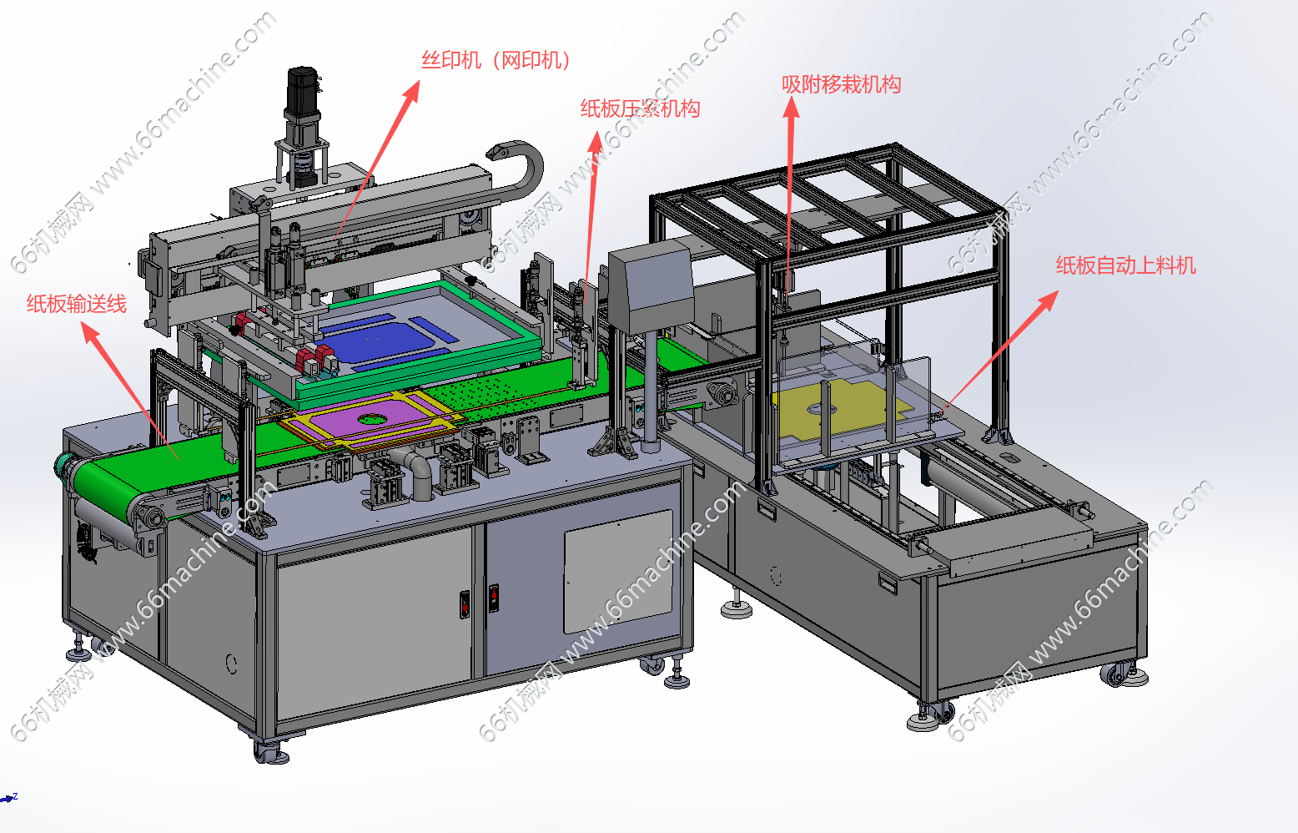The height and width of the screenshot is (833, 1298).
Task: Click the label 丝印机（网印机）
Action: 496,60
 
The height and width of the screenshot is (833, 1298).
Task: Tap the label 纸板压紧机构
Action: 641,109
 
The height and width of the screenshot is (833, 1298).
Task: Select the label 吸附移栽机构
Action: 842,84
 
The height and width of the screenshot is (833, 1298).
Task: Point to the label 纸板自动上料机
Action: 1126,265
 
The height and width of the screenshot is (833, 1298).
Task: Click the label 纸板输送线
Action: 77,304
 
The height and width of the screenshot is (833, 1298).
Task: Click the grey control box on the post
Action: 652,286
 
